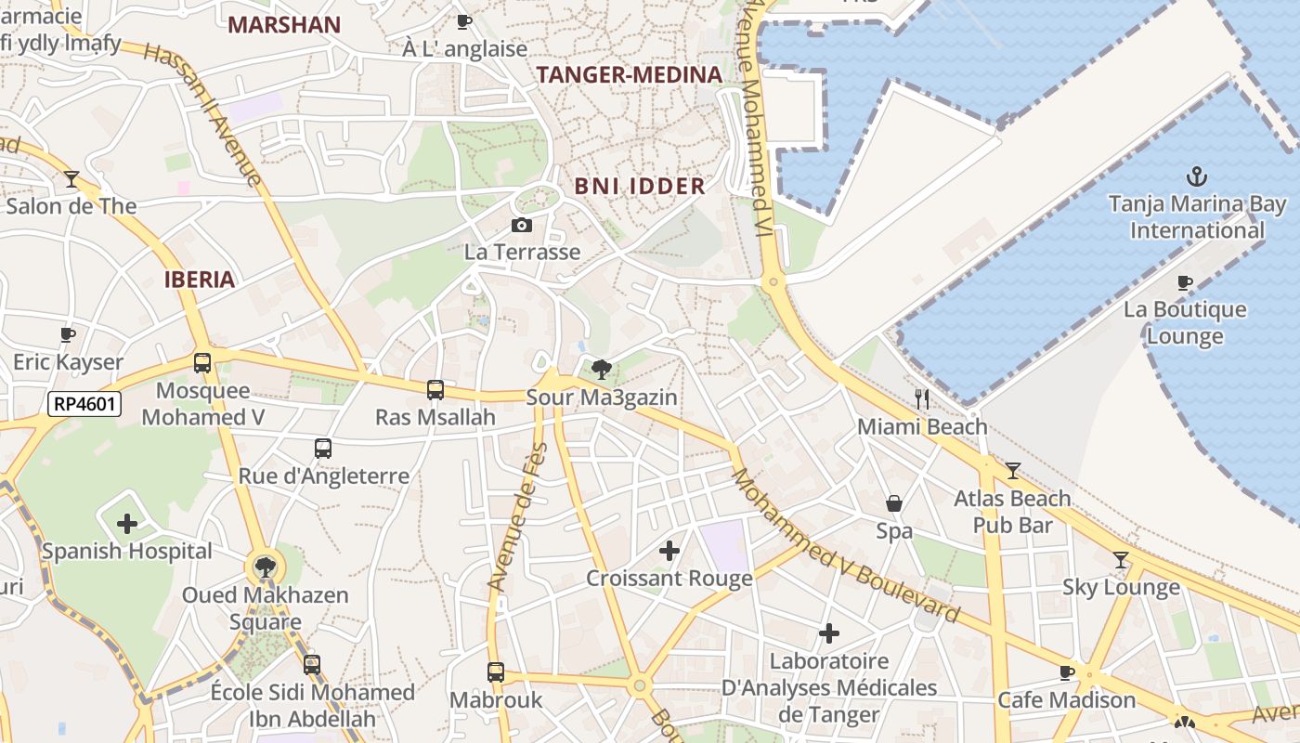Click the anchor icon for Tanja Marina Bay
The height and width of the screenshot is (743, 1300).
coord(1197,176)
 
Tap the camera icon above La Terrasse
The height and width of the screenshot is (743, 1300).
coord(522,225)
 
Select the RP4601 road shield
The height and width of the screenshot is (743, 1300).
coord(84,403)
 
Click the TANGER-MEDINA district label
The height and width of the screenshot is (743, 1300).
coord(630,75)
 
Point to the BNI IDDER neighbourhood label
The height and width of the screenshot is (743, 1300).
coord(640,186)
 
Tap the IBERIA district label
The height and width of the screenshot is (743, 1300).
coord(199,280)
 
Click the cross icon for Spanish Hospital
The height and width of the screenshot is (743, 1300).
coord(127,524)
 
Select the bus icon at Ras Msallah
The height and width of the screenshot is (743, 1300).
coord(435,390)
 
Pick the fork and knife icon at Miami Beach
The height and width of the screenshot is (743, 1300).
coord(921,399)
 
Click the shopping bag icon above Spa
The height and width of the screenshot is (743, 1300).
coord(893,503)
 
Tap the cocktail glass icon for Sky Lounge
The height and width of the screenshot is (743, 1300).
coord(1121,559)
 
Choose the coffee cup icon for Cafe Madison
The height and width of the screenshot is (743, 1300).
coord(1067,672)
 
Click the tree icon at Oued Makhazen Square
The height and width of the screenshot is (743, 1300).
coord(266,567)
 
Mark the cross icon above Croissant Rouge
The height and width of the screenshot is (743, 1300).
coord(669,551)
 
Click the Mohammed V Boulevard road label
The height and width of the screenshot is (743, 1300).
coord(845,546)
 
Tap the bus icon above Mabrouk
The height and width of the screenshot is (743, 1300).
coord(496,671)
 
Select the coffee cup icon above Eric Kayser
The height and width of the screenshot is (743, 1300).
coord(68,334)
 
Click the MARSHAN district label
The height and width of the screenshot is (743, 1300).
coord(284,25)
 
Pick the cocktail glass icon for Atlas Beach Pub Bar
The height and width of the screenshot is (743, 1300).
coord(1012,471)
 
